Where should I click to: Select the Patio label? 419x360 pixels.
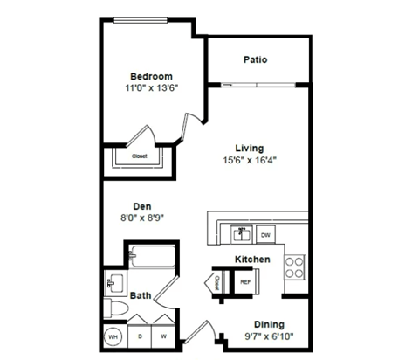pos(255,60)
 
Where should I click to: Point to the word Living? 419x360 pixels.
pos(249,148)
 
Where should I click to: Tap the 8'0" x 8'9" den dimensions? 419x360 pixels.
pos(142,219)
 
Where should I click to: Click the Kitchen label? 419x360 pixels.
pos(251,260)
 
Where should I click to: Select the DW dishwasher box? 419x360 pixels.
pos(266,235)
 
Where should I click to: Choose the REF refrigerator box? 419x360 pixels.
pos(245,281)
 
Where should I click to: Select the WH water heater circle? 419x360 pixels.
pos(113,336)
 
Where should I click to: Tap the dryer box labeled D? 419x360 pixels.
pos(140,336)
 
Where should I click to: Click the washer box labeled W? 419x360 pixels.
pos(162,336)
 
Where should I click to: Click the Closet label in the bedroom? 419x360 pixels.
pos(140,156)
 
